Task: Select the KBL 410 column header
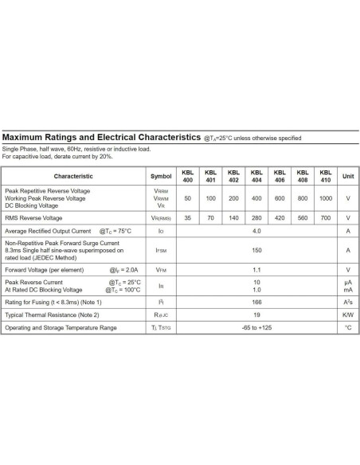pyautogui.click(x=325, y=175)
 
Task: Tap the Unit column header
pyautogui.click(x=348, y=175)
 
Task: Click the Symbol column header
pyautogui.click(x=160, y=175)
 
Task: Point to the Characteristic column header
pyautogui.click(x=73, y=175)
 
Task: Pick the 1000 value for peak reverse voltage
pyautogui.click(x=325, y=197)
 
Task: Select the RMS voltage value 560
pyautogui.click(x=303, y=217)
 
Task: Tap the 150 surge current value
pyautogui.click(x=256, y=250)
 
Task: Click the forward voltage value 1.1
pyautogui.click(x=256, y=269)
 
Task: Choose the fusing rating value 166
pyautogui.click(x=256, y=303)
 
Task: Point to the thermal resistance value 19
pyautogui.click(x=256, y=315)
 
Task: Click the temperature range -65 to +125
pyautogui.click(x=256, y=327)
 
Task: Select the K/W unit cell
pyautogui.click(x=348, y=315)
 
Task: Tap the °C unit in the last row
pyautogui.click(x=348, y=327)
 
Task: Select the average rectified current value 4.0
pyautogui.click(x=256, y=231)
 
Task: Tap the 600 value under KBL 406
pyautogui.click(x=280, y=197)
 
